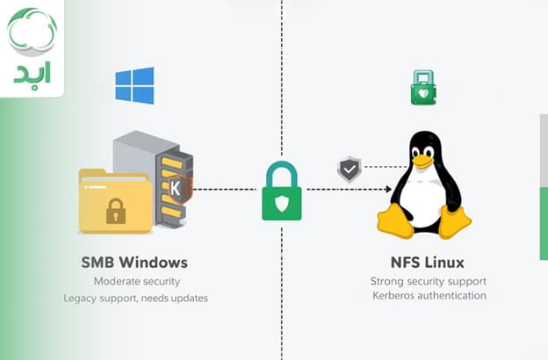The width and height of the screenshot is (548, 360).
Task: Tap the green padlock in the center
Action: (x=282, y=191)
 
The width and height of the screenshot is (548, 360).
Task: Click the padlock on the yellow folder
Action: (x=114, y=210)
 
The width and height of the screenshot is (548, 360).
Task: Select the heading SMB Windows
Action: (x=135, y=262)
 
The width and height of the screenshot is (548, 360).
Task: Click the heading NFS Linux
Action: (x=427, y=262)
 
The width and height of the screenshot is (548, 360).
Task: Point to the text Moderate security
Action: (x=136, y=281)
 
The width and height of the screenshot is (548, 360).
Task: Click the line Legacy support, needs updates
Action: (x=135, y=298)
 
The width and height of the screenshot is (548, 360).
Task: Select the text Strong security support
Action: (x=428, y=281)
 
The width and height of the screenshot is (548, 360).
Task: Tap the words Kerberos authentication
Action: (x=428, y=296)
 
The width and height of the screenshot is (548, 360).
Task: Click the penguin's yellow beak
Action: (x=423, y=161)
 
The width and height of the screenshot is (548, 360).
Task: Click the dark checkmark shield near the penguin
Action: (x=350, y=169)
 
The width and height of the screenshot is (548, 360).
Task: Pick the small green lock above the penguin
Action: (x=424, y=88)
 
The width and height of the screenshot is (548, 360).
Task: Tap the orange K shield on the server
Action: (x=177, y=187)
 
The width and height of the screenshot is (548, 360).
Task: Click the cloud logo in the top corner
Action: (x=32, y=32)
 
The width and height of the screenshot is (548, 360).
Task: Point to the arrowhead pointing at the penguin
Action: (x=387, y=189)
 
